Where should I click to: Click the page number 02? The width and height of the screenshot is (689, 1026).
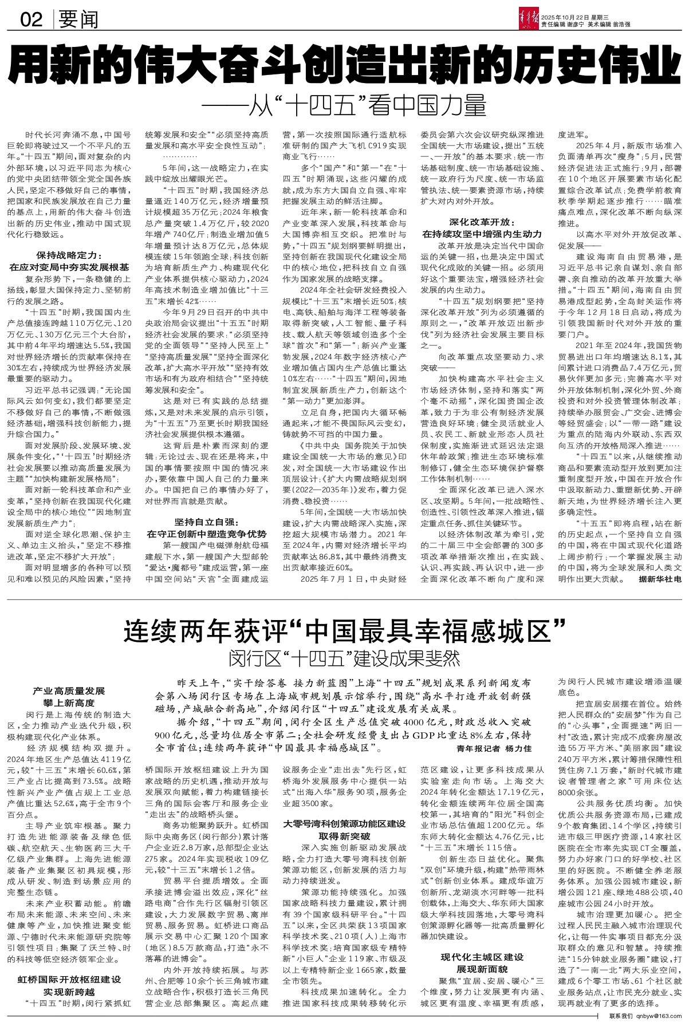point(32,21)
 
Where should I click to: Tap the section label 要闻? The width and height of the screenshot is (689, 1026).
point(78,21)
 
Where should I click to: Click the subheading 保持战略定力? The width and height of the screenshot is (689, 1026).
point(68,255)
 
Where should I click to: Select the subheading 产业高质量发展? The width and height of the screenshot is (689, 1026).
point(68,691)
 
